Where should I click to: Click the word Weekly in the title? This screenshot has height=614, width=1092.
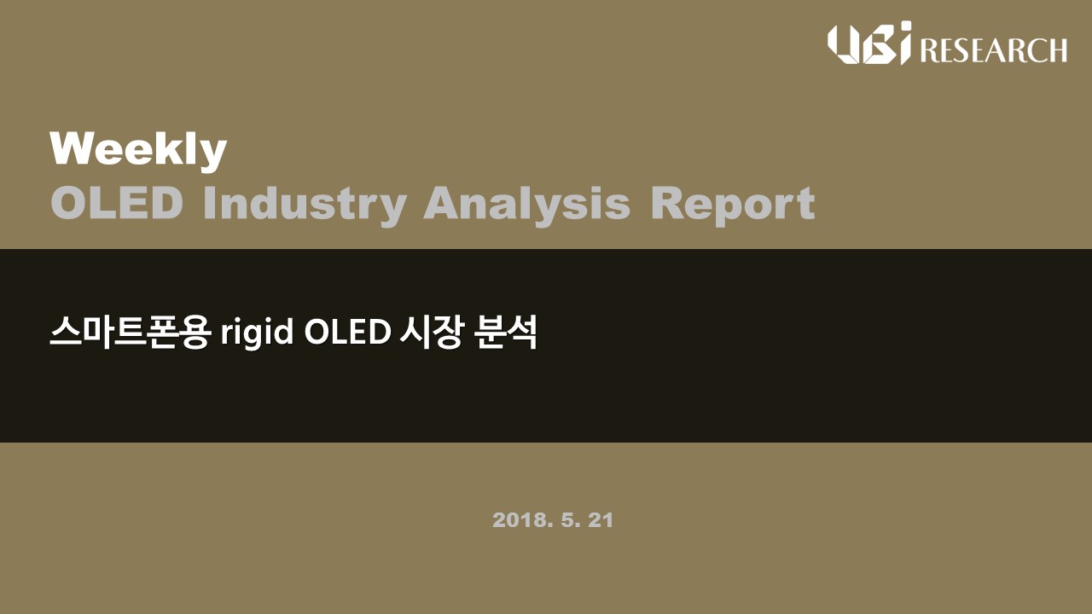click(138, 151)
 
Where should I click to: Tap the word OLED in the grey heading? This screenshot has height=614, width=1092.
click(117, 203)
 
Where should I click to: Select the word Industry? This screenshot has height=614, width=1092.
click(305, 206)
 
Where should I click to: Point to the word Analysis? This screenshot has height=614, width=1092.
click(527, 206)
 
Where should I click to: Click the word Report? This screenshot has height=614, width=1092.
click(733, 206)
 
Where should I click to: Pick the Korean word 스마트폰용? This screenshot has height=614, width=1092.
click(131, 332)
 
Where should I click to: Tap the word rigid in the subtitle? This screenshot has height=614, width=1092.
click(258, 333)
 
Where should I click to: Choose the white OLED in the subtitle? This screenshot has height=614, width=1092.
click(347, 332)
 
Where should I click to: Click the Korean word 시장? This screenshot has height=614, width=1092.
click(430, 332)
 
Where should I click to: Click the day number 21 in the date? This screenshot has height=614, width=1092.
click(601, 520)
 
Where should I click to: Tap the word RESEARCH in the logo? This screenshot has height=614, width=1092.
click(994, 50)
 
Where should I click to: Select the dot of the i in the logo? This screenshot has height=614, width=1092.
click(905, 26)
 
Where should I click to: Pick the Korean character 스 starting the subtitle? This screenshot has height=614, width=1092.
click(66, 332)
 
